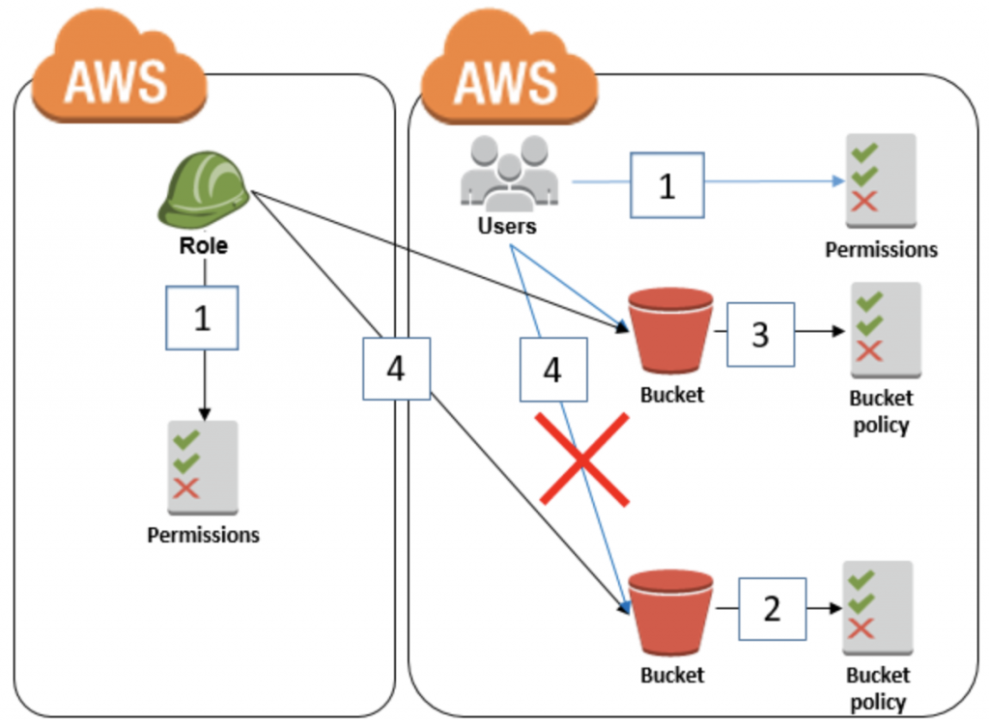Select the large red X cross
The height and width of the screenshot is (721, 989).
point(584,459)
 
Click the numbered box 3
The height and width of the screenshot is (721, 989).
point(760,334)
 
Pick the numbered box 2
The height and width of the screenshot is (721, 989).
point(772,609)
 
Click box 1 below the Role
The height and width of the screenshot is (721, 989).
point(202,318)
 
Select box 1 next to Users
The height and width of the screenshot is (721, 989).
point(666,184)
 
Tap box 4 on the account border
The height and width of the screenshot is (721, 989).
point(396,368)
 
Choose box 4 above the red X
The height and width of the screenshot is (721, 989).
point(552,370)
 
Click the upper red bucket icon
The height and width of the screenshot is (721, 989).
point(670,327)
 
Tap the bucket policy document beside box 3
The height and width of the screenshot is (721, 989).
point(883,329)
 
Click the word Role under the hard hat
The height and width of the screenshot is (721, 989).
point(203,245)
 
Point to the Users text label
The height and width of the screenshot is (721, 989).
point(507,227)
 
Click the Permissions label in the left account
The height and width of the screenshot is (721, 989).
point(203,534)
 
